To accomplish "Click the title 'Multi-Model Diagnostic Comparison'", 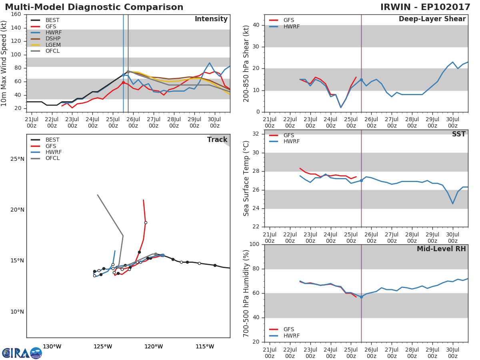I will tap(94, 7).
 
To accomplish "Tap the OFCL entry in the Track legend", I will tap(52, 158).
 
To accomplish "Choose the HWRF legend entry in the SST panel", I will tap(291, 142).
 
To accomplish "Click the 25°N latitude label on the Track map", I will tap(17, 159).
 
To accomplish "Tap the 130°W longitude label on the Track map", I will tap(52, 346).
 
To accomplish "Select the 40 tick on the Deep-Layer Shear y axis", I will tap(256, 25).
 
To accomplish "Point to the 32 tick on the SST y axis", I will tap(256, 134).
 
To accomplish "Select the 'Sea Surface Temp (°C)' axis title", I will tap(246, 178).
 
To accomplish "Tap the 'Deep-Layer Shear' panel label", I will tap(432, 19).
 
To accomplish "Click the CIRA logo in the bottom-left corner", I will tap(22, 353).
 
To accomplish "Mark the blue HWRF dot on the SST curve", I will tap(361, 180).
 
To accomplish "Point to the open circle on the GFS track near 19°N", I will tap(146, 222).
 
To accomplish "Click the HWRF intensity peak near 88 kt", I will tap(209, 63).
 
